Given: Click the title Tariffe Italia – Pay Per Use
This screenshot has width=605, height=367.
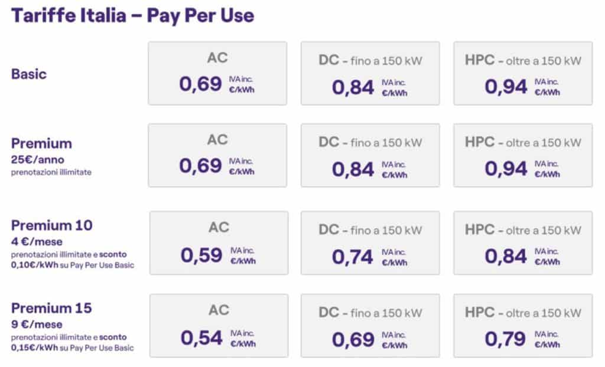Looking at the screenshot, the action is pyautogui.click(x=133, y=16).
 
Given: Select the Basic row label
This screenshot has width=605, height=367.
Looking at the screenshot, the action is pyautogui.click(x=29, y=74).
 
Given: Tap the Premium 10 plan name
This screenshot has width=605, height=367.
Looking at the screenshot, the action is pyautogui.click(x=52, y=225).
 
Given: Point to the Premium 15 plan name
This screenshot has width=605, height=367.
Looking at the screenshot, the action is pyautogui.click(x=52, y=308).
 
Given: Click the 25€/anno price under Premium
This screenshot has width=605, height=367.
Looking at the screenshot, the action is pyautogui.click(x=37, y=159).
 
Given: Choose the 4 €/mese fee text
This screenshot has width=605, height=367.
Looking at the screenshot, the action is pyautogui.click(x=37, y=242).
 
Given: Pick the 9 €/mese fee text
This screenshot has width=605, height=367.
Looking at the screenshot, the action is pyautogui.click(x=37, y=324).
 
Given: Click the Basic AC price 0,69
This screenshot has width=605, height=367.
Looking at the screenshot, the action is pyautogui.click(x=200, y=84).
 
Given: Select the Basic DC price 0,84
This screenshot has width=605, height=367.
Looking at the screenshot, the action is pyautogui.click(x=353, y=87).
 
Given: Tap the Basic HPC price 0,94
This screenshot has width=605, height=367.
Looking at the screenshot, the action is pyautogui.click(x=506, y=86).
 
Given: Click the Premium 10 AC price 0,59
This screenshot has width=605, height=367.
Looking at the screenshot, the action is pyautogui.click(x=201, y=255).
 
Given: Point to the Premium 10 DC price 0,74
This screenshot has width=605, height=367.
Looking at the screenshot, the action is pyautogui.click(x=353, y=257).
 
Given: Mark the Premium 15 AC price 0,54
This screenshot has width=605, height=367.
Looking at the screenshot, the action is pyautogui.click(x=201, y=338).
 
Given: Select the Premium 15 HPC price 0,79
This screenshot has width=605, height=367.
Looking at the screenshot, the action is pyautogui.click(x=506, y=339).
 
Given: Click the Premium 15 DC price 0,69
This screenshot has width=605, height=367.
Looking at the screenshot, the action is pyautogui.click(x=353, y=340).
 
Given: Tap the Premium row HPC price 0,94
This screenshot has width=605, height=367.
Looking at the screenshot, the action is pyautogui.click(x=506, y=169).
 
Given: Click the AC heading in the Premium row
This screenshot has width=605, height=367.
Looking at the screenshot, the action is pyautogui.click(x=217, y=140).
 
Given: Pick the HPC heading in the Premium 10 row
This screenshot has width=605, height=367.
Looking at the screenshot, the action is pyautogui.click(x=480, y=230).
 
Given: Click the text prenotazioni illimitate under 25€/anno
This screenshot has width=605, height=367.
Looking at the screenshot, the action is pyautogui.click(x=51, y=172).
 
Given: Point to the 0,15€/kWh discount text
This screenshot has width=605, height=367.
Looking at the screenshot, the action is pyautogui.click(x=35, y=348).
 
